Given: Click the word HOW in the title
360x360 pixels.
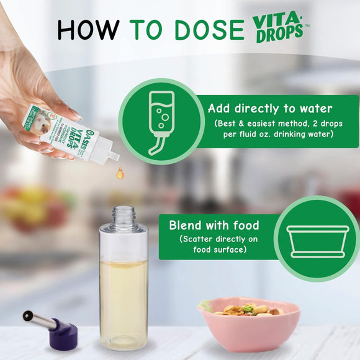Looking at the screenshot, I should [x=88, y=29].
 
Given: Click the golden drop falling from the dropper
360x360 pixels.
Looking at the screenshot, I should [x=119, y=174].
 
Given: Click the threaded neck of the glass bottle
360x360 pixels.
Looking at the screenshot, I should [x=124, y=217].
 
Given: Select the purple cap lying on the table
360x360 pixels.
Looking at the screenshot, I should [x=61, y=333].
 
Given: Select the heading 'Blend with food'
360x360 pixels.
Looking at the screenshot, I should [x=214, y=225].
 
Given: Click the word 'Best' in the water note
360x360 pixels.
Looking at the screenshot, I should [x=229, y=124].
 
